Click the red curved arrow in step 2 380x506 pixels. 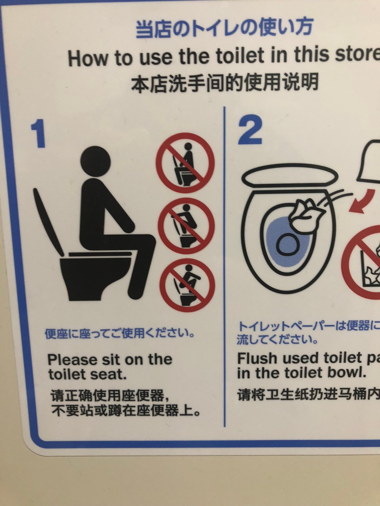(x=361, y=202)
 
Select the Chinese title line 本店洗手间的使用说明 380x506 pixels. (x=225, y=83)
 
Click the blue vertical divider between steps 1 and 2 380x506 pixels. (x=225, y=266)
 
